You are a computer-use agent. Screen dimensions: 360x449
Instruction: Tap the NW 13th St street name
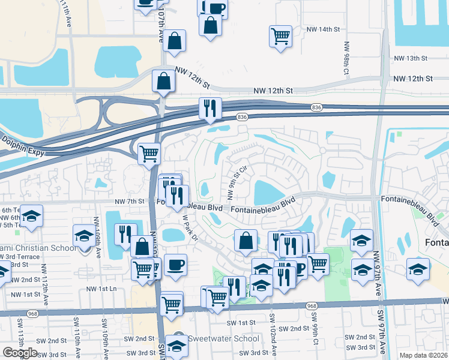410,58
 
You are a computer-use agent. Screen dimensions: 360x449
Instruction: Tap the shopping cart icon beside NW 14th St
280,35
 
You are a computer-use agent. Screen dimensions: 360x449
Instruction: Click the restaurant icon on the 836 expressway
210,108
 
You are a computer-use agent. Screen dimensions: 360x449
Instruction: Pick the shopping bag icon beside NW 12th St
163,80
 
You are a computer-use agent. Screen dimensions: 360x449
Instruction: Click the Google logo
20,353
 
